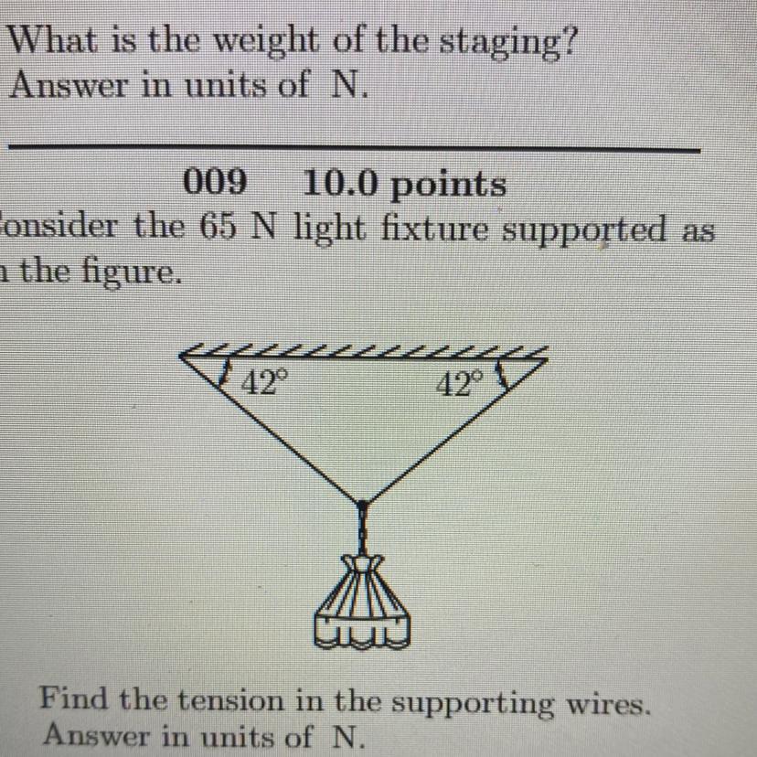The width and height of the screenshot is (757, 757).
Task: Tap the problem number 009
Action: (x=217, y=184)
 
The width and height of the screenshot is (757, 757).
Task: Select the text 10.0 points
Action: (x=403, y=186)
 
